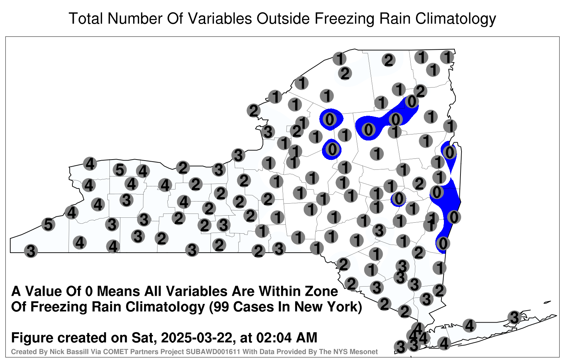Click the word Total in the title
tap(86, 18)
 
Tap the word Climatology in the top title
tap(456, 19)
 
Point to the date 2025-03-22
tap(197, 337)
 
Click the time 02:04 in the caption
tap(274, 337)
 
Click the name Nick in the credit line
tap(55, 352)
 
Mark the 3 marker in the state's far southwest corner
tap(31, 251)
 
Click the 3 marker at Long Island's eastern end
tap(514, 317)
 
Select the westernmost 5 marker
tap(48, 224)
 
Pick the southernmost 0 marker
tap(443, 243)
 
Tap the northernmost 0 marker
tap(412, 102)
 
